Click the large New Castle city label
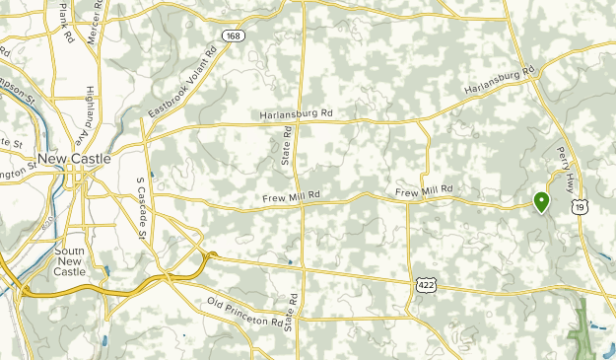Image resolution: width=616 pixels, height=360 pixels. coord(74,159)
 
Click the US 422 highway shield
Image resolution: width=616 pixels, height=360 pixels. coord(421,283)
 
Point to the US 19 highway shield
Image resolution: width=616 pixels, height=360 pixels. coord(584,206)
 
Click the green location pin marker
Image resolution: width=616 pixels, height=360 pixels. coord(541,202)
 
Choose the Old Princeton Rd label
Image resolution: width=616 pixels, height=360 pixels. coord(245,311)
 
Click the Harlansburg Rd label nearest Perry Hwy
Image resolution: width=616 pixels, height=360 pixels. coord(499,83)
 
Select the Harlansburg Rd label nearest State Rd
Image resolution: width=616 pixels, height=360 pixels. coord(297,114)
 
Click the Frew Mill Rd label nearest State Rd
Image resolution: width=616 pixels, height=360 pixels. coord(293,198)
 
